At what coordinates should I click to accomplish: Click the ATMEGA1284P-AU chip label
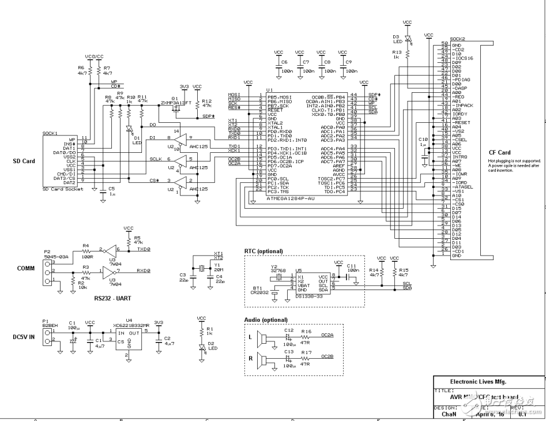click(x=291, y=198)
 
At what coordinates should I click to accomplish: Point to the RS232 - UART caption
click(x=115, y=298)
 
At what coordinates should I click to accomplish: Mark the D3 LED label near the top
click(x=397, y=37)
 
